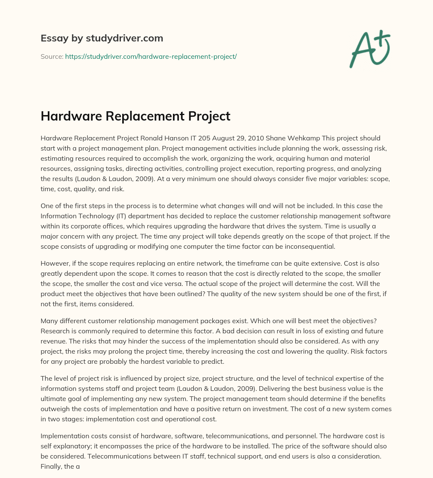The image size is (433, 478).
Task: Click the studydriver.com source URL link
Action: [x=151, y=56]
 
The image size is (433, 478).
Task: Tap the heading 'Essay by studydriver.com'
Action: [x=101, y=38]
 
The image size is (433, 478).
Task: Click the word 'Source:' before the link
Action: [x=52, y=56]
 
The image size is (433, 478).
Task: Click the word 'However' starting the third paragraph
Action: [x=54, y=263]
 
